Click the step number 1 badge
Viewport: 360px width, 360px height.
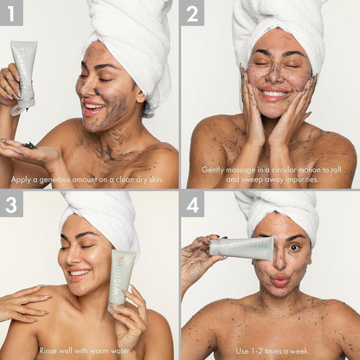click(12, 12)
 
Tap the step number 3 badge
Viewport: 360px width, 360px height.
click(12, 205)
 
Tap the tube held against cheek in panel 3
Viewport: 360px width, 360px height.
click(122, 277)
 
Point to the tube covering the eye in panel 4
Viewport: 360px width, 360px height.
click(242, 249)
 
